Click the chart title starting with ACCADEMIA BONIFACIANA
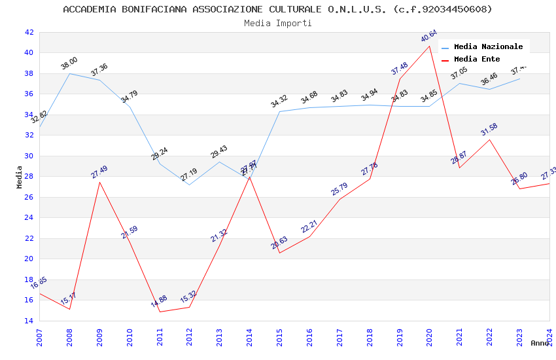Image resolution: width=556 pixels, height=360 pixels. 277,9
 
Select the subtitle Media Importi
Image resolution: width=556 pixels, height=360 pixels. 277,23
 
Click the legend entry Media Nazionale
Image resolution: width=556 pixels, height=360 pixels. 488,46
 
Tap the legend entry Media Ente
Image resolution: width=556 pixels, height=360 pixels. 477,59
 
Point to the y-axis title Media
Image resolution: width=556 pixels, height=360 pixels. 20,177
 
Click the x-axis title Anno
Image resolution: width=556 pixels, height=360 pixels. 540,343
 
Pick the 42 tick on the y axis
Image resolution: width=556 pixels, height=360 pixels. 29,32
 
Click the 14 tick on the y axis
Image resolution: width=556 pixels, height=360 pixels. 29,321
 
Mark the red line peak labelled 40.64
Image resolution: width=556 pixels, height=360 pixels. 430,46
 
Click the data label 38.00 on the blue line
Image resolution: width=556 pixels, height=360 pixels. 69,63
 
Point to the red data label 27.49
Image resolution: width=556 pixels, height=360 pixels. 99,172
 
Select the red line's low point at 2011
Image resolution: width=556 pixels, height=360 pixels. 160,312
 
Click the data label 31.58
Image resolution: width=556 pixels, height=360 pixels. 489,129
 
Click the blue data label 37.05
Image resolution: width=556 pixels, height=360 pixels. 459,73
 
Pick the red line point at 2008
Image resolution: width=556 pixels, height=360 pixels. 69,309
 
